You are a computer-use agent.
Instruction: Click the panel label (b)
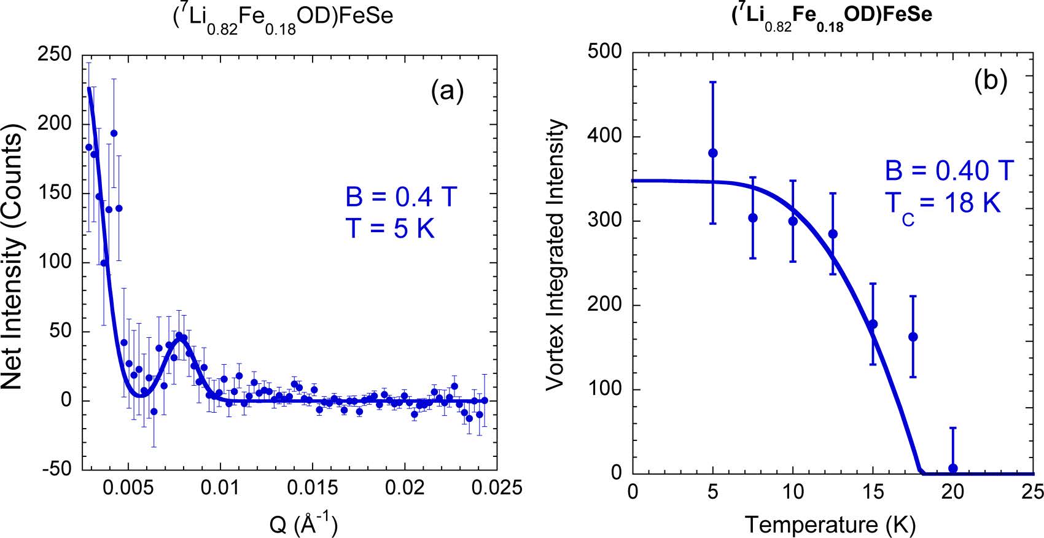(990, 80)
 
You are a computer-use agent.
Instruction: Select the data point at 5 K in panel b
(713, 153)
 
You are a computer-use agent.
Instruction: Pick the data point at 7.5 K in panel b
(753, 218)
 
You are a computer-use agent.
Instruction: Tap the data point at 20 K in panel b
(953, 468)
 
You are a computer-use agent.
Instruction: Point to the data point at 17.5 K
(913, 337)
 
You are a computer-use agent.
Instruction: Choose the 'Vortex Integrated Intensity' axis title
(555, 255)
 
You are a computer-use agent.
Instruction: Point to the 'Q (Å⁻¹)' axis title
(303, 524)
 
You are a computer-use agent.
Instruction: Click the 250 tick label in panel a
(55, 54)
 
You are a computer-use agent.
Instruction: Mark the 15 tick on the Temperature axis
(873, 492)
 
